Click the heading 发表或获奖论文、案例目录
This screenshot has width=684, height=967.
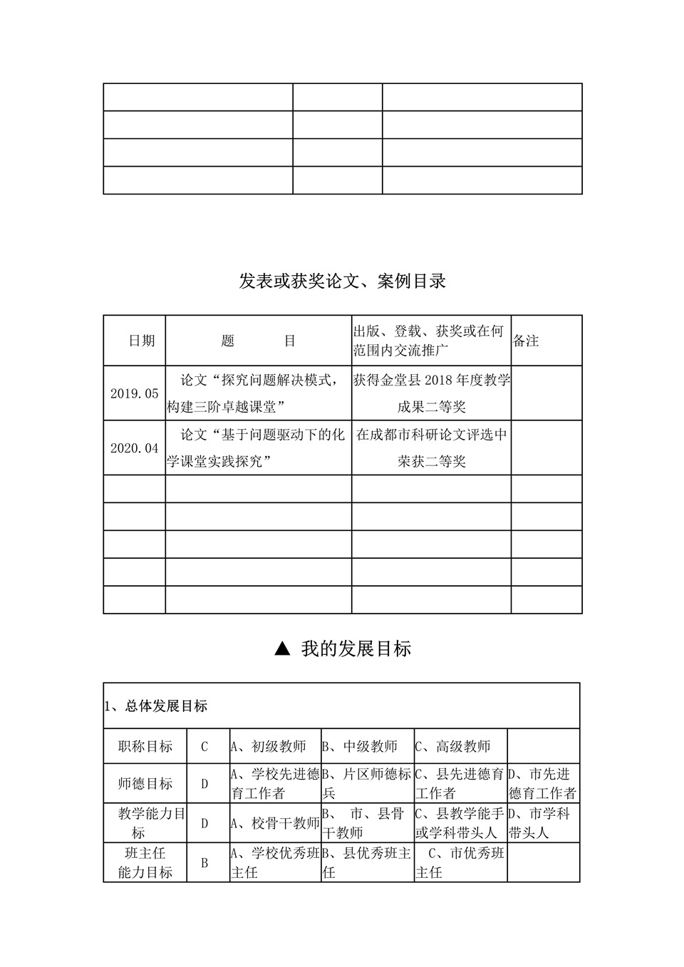pos(342,281)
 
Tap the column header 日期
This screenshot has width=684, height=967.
pos(141,341)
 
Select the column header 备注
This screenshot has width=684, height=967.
pos(526,341)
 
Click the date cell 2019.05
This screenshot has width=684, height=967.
pos(134,393)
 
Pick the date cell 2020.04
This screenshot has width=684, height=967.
pos(134,448)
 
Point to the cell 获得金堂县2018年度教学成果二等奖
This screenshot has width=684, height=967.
pos(431,393)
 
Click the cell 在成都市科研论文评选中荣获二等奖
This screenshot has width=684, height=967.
pos(431,448)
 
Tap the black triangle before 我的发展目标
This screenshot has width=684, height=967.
pos(282,648)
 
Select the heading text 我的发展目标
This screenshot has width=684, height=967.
pos(356,649)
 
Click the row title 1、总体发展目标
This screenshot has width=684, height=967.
pos(156,706)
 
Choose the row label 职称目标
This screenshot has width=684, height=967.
pos(145,747)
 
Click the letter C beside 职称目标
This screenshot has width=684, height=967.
pos(204,747)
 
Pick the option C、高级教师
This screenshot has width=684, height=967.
pos(453,747)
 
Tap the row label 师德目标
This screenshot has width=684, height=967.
pos(145,784)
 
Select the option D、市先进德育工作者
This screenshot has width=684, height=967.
pos(542,784)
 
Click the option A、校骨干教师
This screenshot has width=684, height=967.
pos(275,823)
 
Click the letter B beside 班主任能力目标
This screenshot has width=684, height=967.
pos(204,863)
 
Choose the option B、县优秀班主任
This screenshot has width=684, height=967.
pos(366,863)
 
